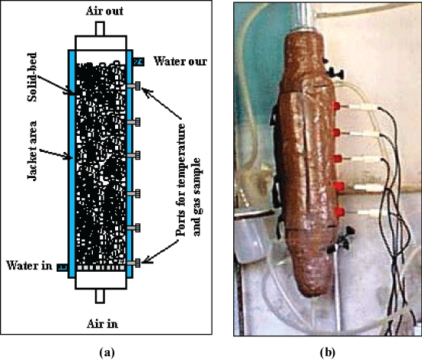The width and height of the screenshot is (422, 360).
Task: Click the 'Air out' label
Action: tap(104, 11)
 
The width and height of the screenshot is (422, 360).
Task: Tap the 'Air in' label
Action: tap(102, 323)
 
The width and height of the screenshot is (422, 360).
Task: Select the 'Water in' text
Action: tap(29, 266)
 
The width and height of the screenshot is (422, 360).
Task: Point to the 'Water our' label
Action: tap(180, 61)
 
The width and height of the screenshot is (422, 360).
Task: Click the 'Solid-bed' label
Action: tap(32, 77)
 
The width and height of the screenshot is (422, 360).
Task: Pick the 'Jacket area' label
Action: tap(32, 150)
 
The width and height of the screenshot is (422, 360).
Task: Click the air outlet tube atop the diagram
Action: tap(100, 28)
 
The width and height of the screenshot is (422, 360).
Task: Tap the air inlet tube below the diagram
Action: tap(100, 296)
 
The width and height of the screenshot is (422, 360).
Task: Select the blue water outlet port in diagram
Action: tap(139, 62)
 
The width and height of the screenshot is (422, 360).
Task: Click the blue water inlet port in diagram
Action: tap(62, 267)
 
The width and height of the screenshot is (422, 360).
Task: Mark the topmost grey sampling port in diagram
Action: tap(134, 86)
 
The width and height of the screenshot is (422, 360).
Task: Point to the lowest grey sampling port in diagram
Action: tap(134, 263)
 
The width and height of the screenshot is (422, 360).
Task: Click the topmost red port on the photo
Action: tap(336, 106)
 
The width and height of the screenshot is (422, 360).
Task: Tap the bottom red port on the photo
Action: tap(340, 212)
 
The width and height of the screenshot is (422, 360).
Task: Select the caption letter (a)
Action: tap(107, 352)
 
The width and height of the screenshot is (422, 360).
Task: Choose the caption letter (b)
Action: tap(328, 352)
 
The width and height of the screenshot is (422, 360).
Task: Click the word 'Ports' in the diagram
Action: tap(181, 223)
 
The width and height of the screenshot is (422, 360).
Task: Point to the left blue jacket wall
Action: tap(71, 163)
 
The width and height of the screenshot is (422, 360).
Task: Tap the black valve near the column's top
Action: tap(331, 71)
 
